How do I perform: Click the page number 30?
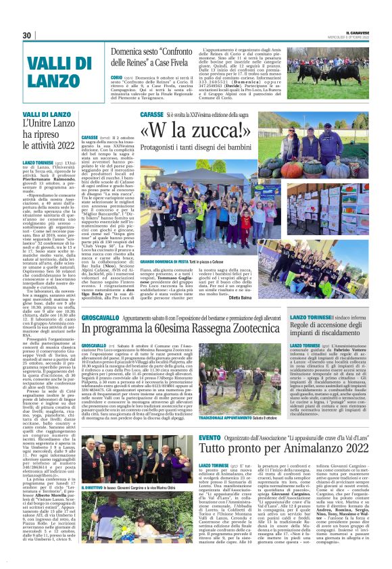(28, 35)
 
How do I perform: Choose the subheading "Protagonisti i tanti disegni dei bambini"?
(214, 147)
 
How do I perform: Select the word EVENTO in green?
(210, 438)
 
